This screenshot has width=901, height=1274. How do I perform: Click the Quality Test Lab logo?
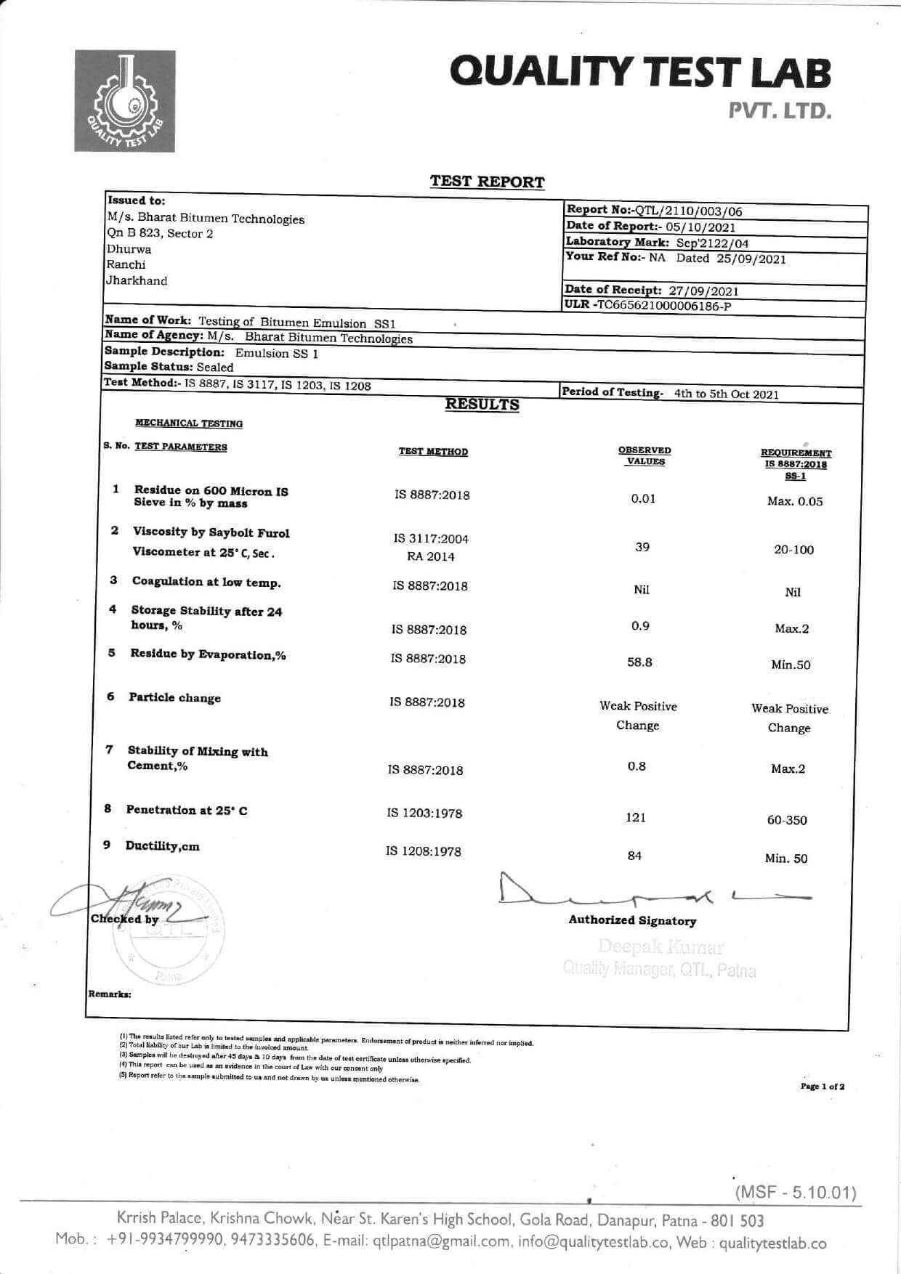[124, 101]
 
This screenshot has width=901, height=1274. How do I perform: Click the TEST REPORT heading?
[487, 182]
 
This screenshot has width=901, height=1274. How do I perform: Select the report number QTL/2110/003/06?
[689, 211]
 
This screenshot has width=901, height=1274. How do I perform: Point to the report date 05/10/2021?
[700, 227]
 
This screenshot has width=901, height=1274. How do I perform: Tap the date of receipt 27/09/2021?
[703, 291]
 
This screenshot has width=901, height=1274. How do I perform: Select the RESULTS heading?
[482, 405]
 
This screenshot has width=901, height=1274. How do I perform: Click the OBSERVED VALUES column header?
[645, 455]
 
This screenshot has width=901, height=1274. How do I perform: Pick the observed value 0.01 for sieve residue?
[643, 498]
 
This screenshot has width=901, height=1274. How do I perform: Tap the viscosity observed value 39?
[642, 547]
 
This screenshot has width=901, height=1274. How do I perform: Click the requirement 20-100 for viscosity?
[793, 550]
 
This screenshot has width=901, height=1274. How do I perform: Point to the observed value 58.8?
[639, 662]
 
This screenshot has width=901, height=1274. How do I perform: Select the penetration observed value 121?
[636, 818]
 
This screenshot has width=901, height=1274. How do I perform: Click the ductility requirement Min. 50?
[785, 859]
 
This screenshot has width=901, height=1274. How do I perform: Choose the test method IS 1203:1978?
[424, 814]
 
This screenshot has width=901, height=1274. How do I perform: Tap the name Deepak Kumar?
[660, 947]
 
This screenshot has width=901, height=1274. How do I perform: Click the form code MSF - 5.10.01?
[796, 1193]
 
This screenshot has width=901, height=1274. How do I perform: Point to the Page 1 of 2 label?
[822, 1087]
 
